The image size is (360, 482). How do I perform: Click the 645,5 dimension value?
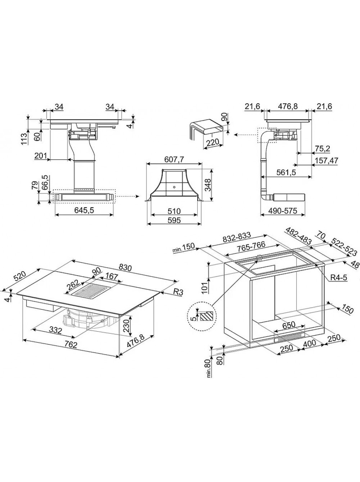(84, 210)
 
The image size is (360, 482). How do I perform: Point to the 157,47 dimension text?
(326, 160)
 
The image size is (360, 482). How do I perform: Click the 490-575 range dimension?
(283, 211)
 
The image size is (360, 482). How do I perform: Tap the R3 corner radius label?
(178, 292)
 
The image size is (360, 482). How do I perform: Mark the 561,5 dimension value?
(286, 173)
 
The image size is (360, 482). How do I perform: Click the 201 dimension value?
(41, 156)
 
